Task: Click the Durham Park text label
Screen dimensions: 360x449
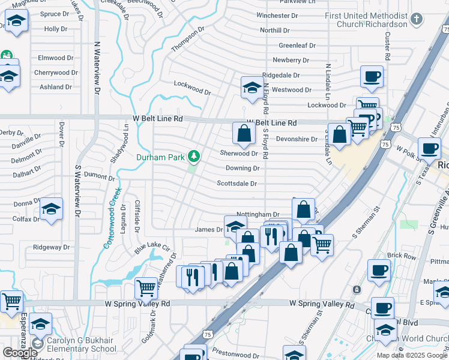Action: tap(160, 157)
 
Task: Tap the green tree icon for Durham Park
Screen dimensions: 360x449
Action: tap(193, 157)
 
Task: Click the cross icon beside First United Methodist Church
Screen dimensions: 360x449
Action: tap(417, 20)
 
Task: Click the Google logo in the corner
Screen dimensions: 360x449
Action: tap(20, 353)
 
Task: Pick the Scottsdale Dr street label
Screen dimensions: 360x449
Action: tap(237, 184)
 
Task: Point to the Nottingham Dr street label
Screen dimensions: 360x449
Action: tap(258, 214)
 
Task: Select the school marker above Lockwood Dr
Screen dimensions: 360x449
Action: tap(252, 87)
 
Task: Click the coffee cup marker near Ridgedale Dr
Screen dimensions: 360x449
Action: tap(372, 76)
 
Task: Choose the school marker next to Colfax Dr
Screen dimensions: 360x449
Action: tap(52, 209)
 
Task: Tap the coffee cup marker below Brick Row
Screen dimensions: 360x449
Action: tap(379, 269)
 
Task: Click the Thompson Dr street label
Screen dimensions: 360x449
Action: tap(188, 39)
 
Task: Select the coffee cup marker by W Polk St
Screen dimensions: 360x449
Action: tap(429, 148)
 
